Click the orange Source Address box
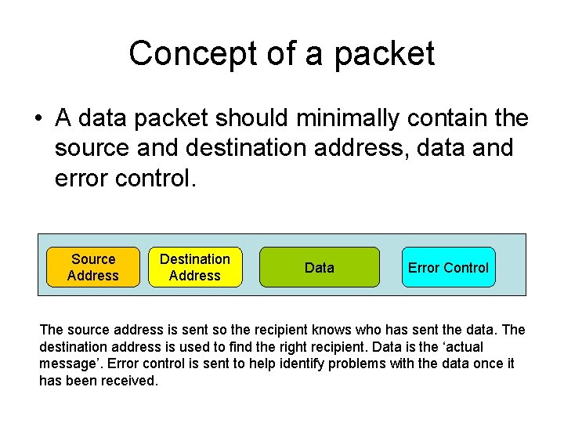tap(93, 267)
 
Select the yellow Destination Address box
tap(195, 267)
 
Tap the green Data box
tap(320, 267)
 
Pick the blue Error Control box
tap(448, 267)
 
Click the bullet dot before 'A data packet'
tap(38, 120)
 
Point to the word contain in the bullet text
tap(450, 119)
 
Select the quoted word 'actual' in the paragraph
tap(463, 348)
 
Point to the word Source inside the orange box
tap(93, 259)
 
